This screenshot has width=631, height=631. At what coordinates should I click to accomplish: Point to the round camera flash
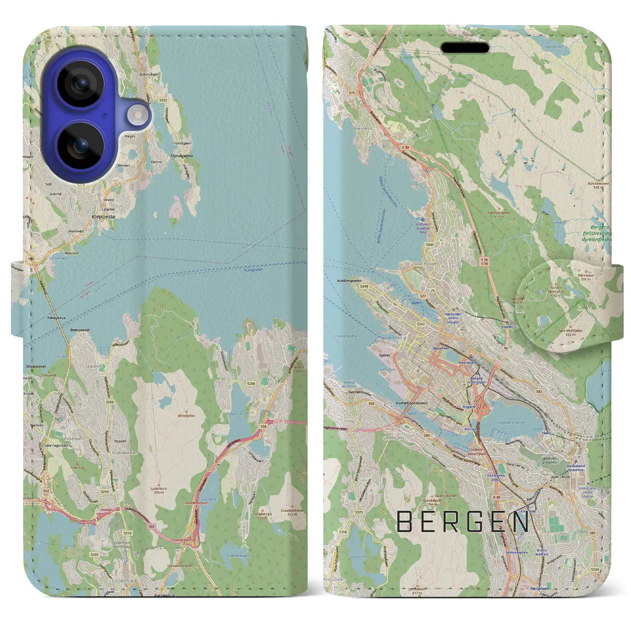138,116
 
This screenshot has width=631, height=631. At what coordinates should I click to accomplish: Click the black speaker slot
465,48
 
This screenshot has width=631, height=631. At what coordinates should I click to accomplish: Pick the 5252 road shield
163,100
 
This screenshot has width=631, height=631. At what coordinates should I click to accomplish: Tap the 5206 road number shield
251,383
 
